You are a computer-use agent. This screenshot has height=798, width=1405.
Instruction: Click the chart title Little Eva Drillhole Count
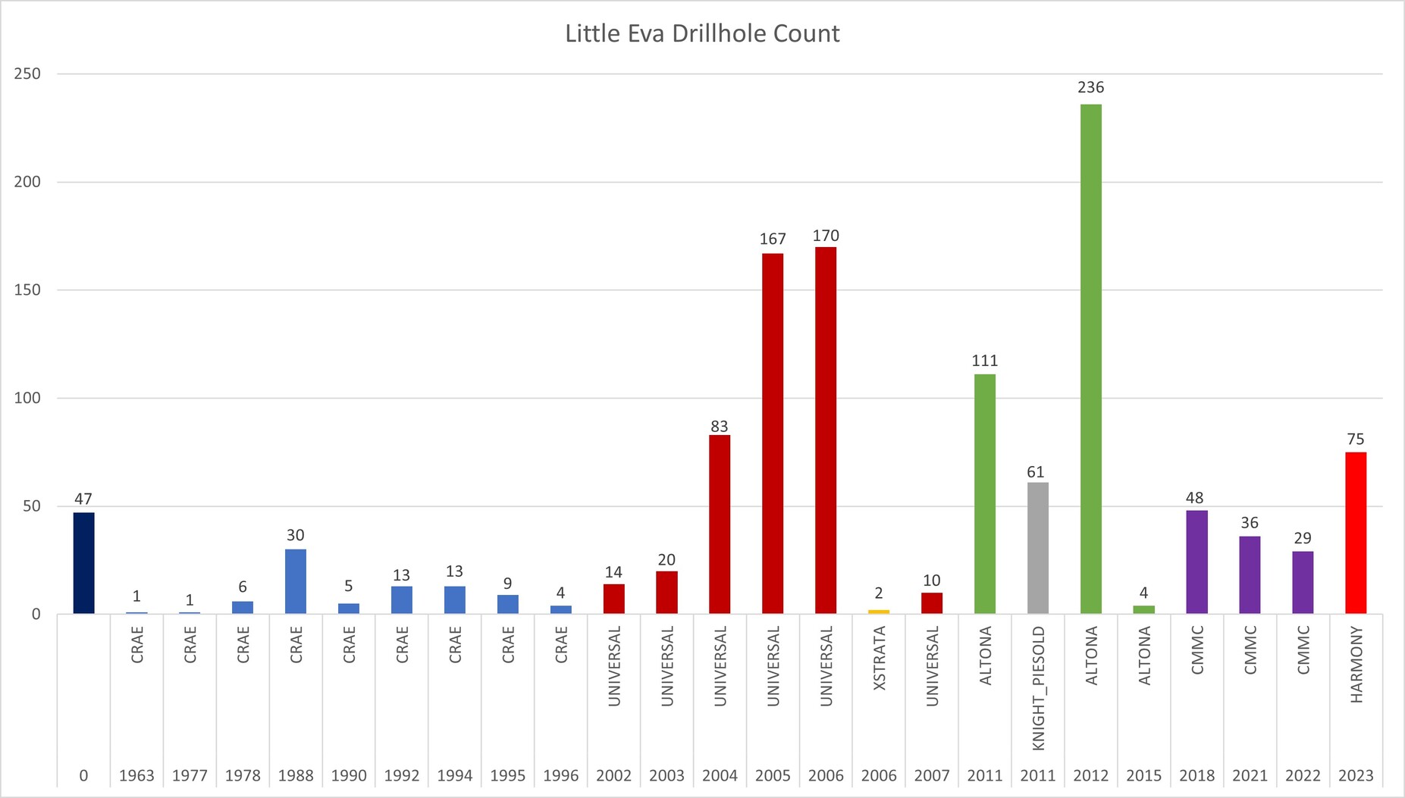coord(702,33)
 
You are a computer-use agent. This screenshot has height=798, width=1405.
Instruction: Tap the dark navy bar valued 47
coord(83,563)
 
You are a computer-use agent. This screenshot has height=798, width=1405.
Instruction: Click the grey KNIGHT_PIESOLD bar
coord(1037,548)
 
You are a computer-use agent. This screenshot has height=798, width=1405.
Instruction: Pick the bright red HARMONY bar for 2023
coord(1356,533)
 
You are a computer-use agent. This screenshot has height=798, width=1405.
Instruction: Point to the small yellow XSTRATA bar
coord(879,612)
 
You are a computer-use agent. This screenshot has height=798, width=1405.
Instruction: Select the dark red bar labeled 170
coord(826,430)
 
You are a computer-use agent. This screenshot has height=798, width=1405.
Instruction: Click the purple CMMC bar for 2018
coord(1196,562)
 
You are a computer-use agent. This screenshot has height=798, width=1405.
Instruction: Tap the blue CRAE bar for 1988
coord(296,581)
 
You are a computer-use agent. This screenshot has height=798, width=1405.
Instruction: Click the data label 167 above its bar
coord(773,239)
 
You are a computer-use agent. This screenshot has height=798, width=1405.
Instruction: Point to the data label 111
coord(984,361)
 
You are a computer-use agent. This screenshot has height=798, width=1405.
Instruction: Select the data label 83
coord(719,426)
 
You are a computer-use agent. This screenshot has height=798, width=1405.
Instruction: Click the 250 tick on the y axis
coord(27,74)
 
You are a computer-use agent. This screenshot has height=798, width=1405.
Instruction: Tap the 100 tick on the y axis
coord(27,398)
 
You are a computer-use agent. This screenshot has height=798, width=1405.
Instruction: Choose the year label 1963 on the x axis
coord(136,775)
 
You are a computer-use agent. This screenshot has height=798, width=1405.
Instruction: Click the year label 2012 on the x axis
coord(1090,775)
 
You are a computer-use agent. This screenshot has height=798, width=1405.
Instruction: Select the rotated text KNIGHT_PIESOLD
coord(1039,688)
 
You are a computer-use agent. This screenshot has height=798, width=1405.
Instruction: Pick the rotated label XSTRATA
coord(880,658)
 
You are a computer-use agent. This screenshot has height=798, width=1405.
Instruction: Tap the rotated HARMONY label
coord(1356,665)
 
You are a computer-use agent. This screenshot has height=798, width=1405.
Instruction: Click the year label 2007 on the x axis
coord(932,775)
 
